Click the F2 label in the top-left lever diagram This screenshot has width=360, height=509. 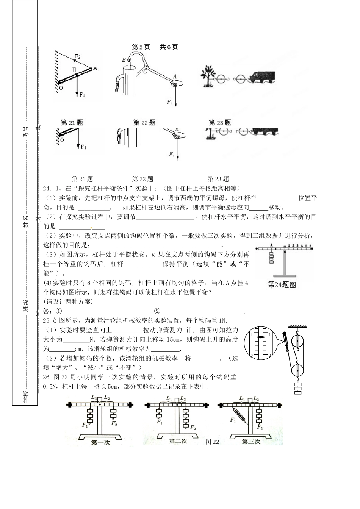(77, 56)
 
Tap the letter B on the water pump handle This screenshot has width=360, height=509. (124, 60)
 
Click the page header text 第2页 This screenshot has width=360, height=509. (141, 47)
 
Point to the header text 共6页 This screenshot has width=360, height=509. (169, 47)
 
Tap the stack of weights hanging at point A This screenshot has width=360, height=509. (271, 258)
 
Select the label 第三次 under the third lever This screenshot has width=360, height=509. (251, 442)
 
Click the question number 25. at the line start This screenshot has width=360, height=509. (47, 320)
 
